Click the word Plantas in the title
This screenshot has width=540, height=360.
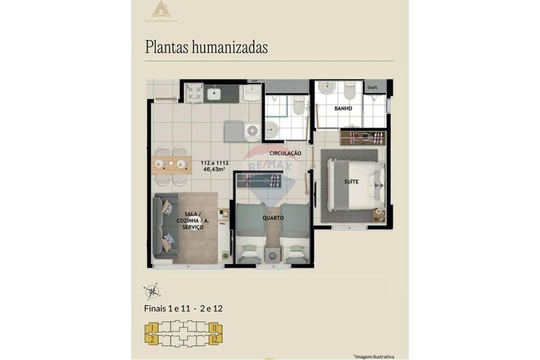point(167,47)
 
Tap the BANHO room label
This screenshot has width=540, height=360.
point(343,108)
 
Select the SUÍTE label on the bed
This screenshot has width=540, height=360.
point(351,182)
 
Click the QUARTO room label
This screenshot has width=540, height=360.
point(273,218)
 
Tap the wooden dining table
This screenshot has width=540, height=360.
point(172,164)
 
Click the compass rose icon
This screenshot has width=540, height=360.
point(152,291)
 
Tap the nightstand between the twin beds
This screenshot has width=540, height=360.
point(273,254)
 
